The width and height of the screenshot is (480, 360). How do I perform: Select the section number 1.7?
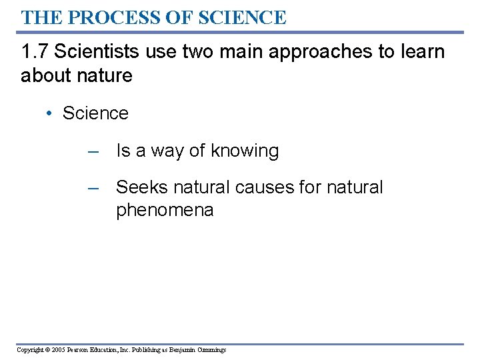click(33, 52)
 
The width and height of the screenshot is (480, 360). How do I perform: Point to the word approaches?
click(321, 52)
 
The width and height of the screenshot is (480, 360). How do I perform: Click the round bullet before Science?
click(50, 113)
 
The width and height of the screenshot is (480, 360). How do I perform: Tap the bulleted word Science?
click(95, 113)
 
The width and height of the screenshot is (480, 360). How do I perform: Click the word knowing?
click(245, 151)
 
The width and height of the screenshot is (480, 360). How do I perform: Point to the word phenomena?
click(165, 211)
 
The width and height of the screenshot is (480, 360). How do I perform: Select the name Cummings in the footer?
click(211, 350)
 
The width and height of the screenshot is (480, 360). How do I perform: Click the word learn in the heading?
click(421, 52)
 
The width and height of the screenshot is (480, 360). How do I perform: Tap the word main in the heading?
click(243, 52)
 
